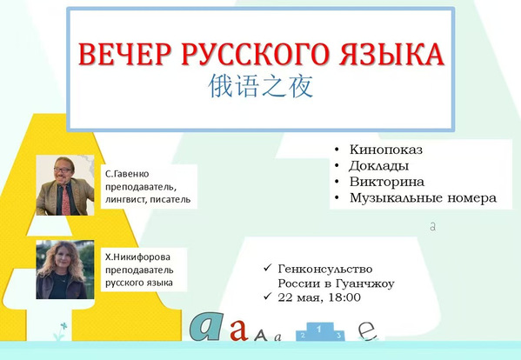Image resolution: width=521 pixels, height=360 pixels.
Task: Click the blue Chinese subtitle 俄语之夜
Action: (x=261, y=86)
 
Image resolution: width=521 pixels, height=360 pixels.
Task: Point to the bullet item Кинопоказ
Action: (x=386, y=150)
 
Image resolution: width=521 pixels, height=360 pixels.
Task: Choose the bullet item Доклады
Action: (x=378, y=166)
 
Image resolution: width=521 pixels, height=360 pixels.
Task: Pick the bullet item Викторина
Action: (x=387, y=182)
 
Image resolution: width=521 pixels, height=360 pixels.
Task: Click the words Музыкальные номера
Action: (x=423, y=198)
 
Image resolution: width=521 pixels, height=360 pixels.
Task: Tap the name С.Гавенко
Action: (x=127, y=174)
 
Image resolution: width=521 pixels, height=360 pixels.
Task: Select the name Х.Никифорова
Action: (x=137, y=257)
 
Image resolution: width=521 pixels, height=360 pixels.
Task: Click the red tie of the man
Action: (x=65, y=200)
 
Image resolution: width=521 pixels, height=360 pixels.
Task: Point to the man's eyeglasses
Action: (x=63, y=170)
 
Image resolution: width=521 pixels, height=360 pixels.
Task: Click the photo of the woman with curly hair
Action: (x=65, y=270)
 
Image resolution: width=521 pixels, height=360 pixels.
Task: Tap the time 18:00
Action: (x=344, y=297)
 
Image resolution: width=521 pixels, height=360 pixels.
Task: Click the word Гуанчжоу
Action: (x=364, y=284)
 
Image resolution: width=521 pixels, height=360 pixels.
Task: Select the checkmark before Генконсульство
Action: (x=268, y=268)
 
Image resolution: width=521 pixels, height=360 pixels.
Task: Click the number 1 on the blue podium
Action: (x=319, y=330)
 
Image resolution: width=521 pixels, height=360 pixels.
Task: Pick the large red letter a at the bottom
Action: (x=239, y=330)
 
